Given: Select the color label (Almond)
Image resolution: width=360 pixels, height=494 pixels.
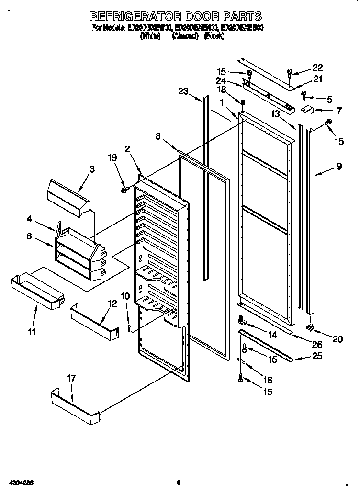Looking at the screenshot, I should tap(185, 36).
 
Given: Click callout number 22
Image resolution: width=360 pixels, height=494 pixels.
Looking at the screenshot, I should tap(317, 68).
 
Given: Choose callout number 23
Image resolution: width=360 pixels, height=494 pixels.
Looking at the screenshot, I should tap(183, 92).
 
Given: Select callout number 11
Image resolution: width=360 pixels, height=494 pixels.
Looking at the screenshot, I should tap(32, 331).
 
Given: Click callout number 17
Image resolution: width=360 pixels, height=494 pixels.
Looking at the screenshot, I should tap(71, 378).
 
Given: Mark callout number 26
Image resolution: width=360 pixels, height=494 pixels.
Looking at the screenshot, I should tap(317, 344).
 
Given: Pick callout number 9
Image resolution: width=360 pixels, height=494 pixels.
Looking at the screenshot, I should tap(338, 167).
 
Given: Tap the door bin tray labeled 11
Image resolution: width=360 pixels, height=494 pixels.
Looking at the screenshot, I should tap(37, 291).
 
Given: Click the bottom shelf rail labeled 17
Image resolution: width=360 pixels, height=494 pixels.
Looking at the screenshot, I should tap(74, 406).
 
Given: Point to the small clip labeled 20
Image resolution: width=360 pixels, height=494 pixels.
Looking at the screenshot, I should tap(310, 327).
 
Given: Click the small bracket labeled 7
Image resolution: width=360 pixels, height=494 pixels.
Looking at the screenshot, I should tap(306, 111).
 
